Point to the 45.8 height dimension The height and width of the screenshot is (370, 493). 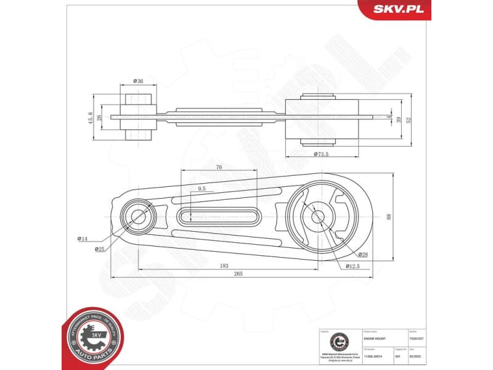coord(91,117)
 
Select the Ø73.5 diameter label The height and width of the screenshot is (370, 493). coord(322,154)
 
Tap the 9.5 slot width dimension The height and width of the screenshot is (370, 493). coord(202,189)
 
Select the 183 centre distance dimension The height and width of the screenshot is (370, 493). coord(224,266)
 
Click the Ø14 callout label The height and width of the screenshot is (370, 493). coord(82,238)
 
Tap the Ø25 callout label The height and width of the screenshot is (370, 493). coord(99,249)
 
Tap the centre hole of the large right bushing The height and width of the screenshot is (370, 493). coord(317,216)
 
